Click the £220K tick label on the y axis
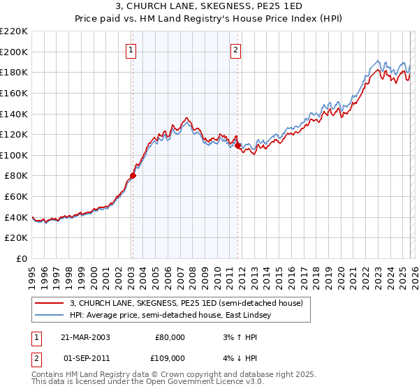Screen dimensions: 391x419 tap(14, 31)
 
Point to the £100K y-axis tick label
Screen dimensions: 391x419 tap(14, 155)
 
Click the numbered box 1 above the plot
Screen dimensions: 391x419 tap(132, 50)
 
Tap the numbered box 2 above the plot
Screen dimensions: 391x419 tap(236, 50)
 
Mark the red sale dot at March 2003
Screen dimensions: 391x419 tap(133, 176)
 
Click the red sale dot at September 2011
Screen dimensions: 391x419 tap(238, 146)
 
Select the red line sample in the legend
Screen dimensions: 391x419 tap(50, 304)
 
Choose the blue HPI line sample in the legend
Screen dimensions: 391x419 tap(50, 316)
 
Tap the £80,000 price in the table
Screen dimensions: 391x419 tap(171, 337)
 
